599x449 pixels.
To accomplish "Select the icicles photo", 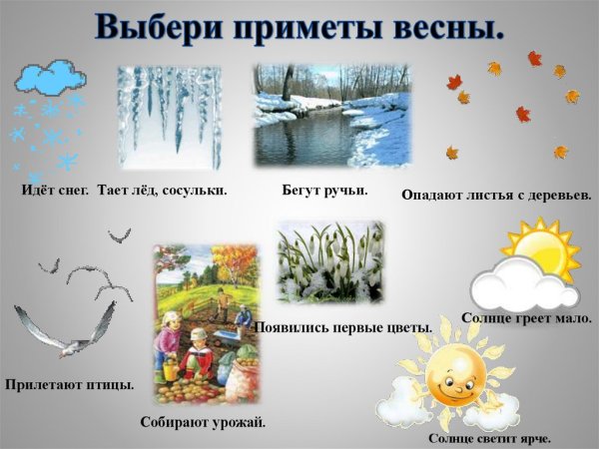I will (x=169, y=118).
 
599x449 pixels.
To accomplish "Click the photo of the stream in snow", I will (x=332, y=116).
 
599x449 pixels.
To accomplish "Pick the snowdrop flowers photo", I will (x=329, y=261).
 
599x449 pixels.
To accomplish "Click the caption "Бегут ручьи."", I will (x=325, y=189).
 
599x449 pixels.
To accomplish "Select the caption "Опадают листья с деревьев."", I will (x=496, y=195).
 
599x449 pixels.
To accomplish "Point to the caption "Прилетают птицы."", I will (x=69, y=384).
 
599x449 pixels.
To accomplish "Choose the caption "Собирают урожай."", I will (x=204, y=422).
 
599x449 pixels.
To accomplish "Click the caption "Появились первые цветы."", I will (x=343, y=327).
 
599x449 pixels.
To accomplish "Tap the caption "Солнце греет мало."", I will (x=527, y=318).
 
